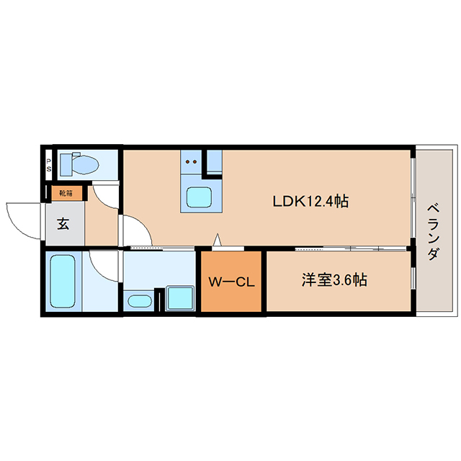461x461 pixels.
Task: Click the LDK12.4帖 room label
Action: coord(310,202)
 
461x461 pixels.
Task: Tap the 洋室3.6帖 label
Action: coord(334,280)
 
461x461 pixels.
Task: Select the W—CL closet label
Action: coord(231,282)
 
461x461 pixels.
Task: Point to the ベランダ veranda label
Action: coord(434,233)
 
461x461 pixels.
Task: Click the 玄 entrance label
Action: coord(63,224)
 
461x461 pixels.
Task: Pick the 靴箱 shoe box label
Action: coord(66,194)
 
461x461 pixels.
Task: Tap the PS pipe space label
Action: coord(49,165)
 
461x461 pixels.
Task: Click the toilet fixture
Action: coord(79,164)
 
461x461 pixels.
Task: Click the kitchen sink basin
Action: coord(199,197)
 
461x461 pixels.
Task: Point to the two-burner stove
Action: coord(191,161)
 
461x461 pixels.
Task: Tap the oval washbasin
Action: coord(140,301)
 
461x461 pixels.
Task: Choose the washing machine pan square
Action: coord(180,297)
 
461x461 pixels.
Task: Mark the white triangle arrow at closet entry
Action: coord(217,240)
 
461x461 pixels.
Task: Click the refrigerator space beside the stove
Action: coord(214,161)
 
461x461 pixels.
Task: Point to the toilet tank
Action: coord(66,164)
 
